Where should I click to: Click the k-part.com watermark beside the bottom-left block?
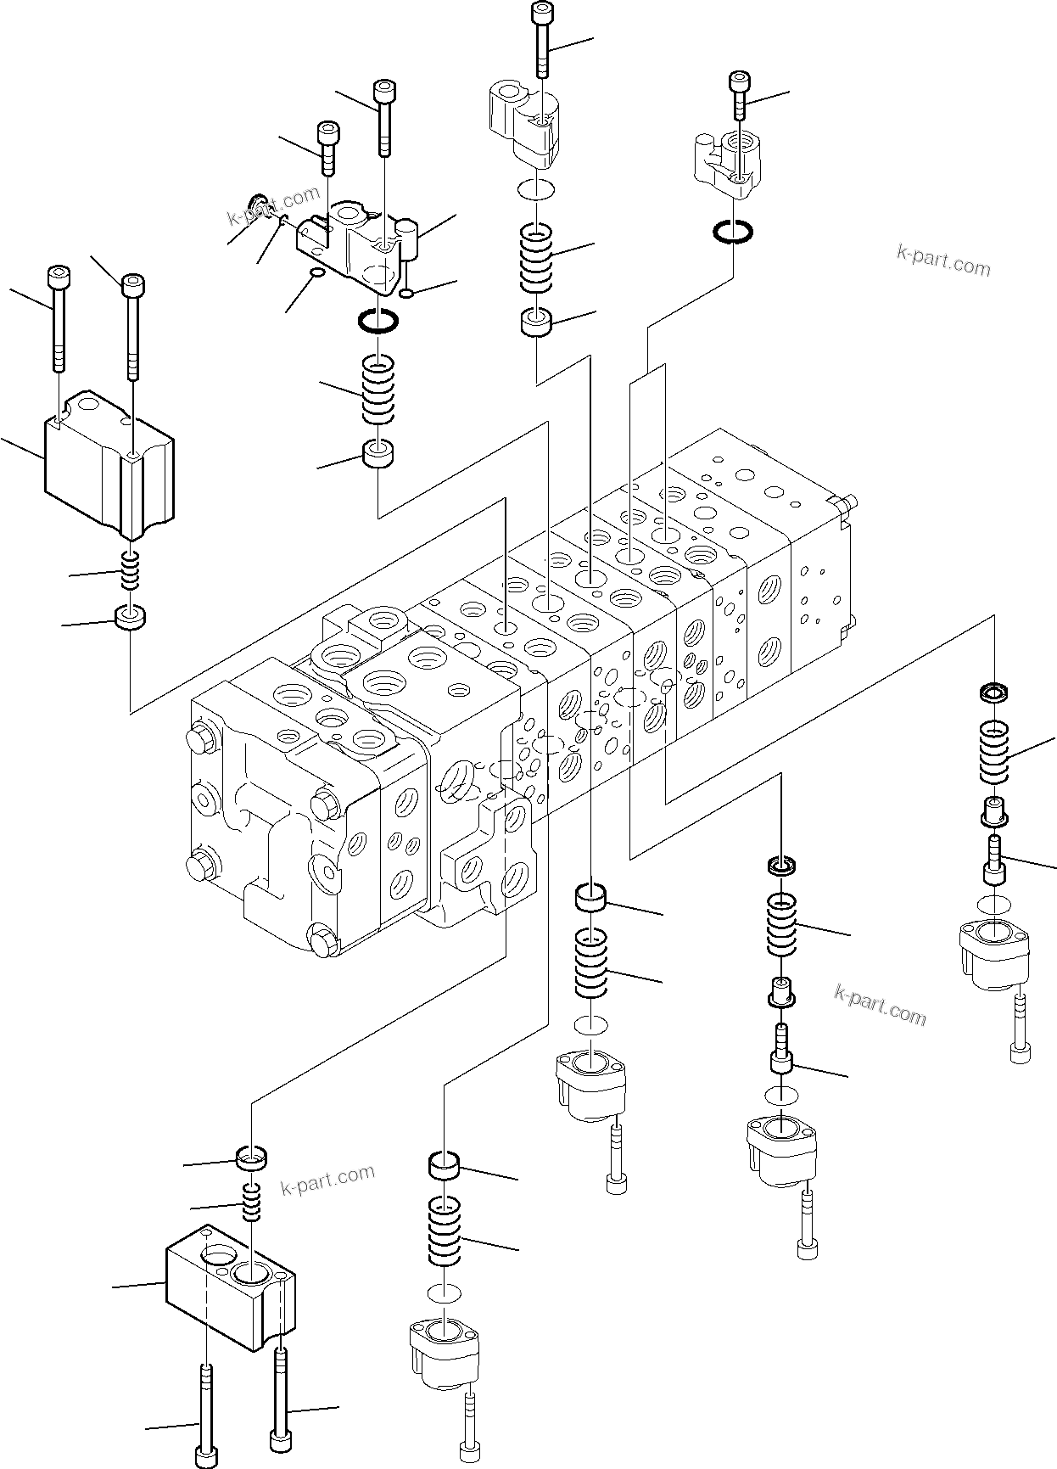tap(327, 1180)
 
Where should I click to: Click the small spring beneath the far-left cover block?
tap(130, 569)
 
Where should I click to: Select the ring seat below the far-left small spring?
tap(130, 617)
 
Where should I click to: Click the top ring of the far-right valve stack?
tap(993, 692)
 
